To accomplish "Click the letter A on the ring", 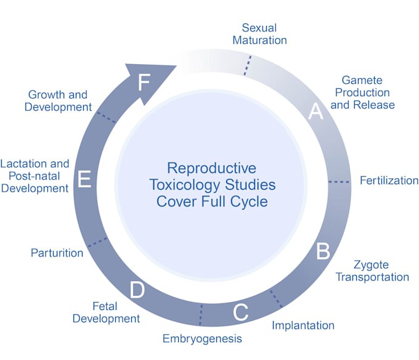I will (315, 112).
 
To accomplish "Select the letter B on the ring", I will (323, 251).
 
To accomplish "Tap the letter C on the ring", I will (240, 313).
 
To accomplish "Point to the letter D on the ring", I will (137, 290).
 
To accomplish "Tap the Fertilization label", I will (389, 181).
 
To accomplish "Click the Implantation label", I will (303, 325).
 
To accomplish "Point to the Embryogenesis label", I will (202, 338).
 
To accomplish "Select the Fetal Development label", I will (106, 312).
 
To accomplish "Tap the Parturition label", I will (57, 253).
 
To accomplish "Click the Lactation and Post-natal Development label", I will (35, 176).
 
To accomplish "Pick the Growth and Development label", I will (58, 100).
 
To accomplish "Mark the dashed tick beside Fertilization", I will (338, 182).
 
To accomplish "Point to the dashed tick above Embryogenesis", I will (200, 315).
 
